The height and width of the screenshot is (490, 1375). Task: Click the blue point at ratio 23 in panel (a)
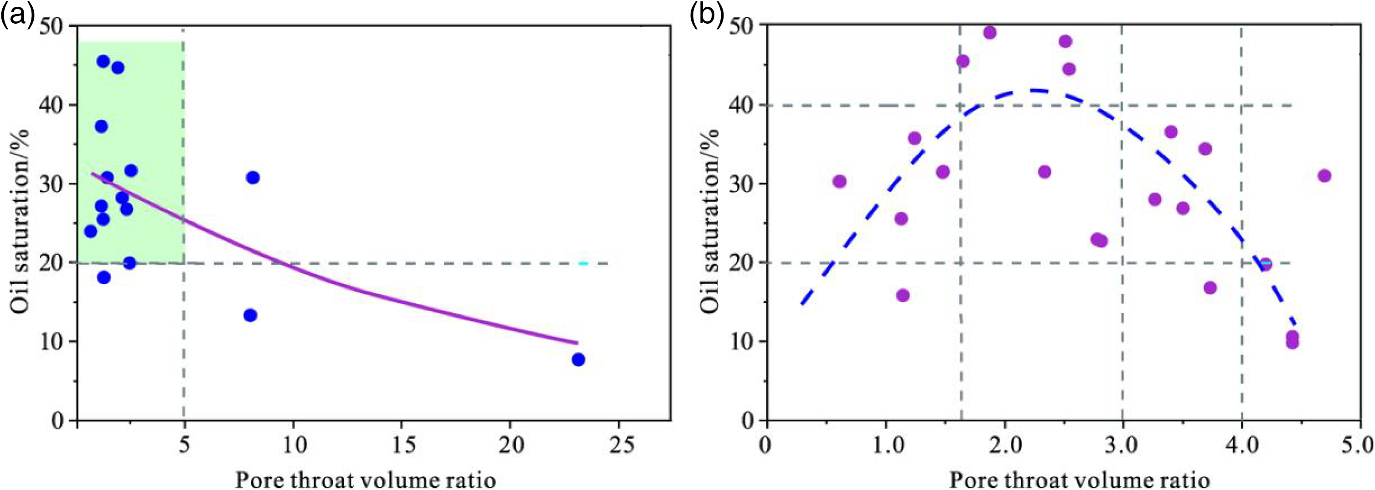578,360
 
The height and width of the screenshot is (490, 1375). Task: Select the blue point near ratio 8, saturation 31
253,177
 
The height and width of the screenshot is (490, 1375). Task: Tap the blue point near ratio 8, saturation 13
250,315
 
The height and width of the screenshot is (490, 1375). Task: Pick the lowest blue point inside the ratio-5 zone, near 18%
104,277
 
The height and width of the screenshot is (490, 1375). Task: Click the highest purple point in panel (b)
990,32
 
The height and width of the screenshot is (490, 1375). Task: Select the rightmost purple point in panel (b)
1324,176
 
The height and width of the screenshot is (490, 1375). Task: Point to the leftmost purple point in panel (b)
839,182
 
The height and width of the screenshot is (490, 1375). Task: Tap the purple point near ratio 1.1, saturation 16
903,296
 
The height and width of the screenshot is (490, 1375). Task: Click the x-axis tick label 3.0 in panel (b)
1122,444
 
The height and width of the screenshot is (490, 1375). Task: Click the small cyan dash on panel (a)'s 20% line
583,263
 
